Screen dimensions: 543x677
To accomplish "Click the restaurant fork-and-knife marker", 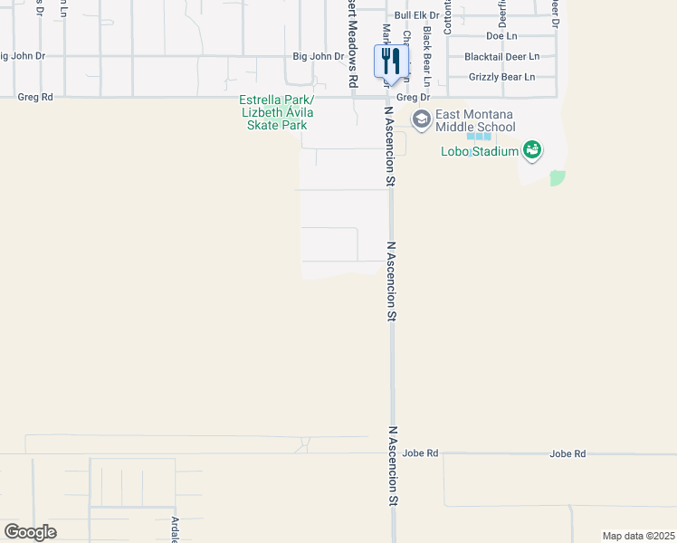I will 391,62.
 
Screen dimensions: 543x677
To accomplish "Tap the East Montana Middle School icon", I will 421,119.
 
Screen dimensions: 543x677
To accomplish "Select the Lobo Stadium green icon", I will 532,150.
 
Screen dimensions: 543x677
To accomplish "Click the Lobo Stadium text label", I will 480,151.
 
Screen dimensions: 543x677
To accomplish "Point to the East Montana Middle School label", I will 475,120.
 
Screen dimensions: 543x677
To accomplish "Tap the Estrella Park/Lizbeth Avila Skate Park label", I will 277,112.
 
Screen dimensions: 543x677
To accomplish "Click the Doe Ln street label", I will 501,36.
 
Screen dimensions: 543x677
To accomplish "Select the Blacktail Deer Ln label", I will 501,56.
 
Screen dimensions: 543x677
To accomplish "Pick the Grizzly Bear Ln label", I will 502,77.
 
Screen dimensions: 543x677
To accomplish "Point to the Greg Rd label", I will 35,97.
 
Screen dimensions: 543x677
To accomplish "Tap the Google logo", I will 30,532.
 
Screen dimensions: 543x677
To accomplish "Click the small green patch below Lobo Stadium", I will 558,178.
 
